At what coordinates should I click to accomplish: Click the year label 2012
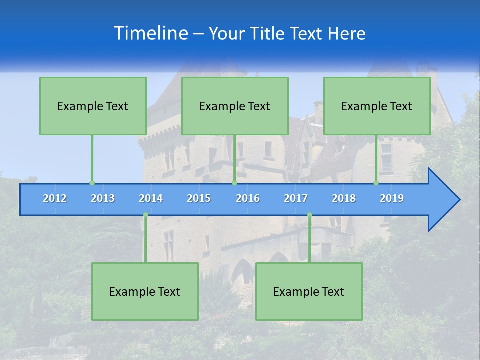tap(55, 198)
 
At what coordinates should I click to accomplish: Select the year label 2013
tap(103, 198)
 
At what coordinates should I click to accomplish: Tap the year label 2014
tap(151, 198)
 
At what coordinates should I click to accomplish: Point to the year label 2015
tap(199, 198)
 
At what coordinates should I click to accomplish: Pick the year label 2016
tap(248, 198)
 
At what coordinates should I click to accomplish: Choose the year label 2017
tap(296, 198)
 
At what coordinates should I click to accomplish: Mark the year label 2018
tap(344, 198)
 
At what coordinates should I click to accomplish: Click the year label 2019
tap(392, 198)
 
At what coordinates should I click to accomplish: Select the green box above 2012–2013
tap(93, 106)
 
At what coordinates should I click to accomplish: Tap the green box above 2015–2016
tap(235, 106)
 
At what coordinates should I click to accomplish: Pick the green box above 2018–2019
tap(377, 106)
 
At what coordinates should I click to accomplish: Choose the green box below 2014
tap(145, 292)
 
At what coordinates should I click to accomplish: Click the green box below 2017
tap(309, 292)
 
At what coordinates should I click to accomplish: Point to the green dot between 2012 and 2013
tap(92, 183)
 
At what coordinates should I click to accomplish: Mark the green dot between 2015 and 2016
tap(234, 183)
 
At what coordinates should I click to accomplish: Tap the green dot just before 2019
tap(376, 183)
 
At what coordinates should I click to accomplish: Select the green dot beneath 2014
tap(145, 215)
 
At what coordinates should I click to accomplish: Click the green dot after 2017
tap(309, 215)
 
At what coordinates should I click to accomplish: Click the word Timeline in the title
tap(150, 33)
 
